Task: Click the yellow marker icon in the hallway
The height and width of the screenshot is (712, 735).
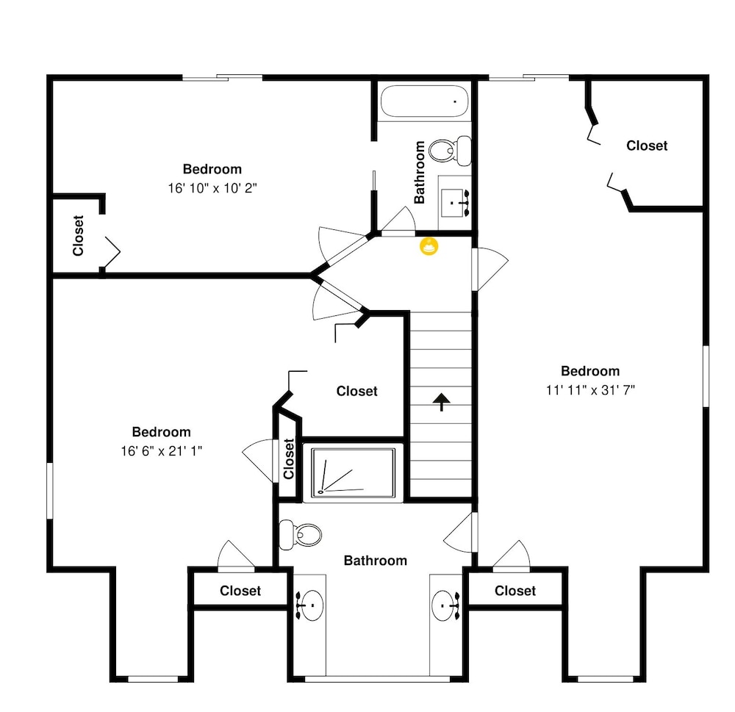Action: (429, 246)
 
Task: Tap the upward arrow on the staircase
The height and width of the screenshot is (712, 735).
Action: (442, 402)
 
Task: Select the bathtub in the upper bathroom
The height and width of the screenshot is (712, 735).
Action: (425, 101)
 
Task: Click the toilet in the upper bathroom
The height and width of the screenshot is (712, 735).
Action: (450, 151)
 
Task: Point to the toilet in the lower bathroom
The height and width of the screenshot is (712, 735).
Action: (301, 534)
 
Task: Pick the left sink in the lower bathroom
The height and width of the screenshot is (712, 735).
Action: (309, 605)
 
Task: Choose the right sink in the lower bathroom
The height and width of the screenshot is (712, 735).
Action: (446, 605)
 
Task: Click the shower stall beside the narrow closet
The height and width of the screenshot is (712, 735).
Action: (354, 472)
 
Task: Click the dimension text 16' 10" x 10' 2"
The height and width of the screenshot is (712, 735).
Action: (212, 188)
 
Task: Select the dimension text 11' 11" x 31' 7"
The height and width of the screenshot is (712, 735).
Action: (590, 390)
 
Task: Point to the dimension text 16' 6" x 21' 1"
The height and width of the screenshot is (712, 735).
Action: (161, 451)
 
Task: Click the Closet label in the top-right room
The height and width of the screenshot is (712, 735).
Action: (647, 145)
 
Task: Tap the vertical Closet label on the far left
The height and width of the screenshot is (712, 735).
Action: (79, 236)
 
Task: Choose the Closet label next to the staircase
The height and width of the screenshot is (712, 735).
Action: (356, 391)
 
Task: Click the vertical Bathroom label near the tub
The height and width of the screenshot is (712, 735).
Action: (420, 173)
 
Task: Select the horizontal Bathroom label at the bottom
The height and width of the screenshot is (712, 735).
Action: (376, 561)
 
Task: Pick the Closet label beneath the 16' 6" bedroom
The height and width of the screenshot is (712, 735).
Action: (240, 591)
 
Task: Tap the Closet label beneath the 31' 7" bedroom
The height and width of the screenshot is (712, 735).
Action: (515, 591)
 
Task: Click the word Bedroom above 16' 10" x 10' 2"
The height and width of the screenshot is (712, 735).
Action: (212, 169)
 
